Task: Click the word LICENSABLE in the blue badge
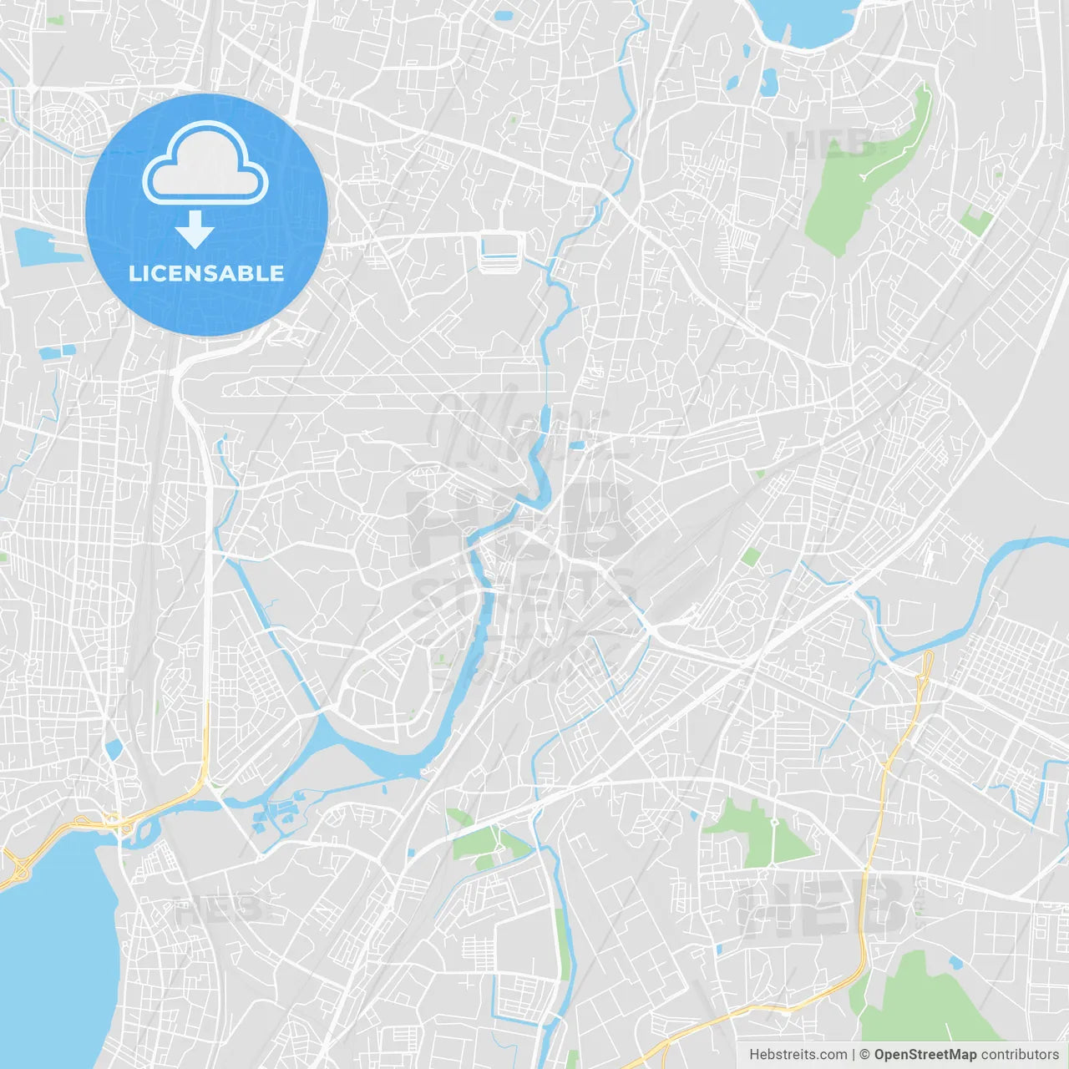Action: pyautogui.click(x=206, y=274)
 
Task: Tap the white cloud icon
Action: pyautogui.click(x=205, y=164)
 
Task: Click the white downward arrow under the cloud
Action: pyautogui.click(x=195, y=230)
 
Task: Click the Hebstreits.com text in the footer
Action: pyautogui.click(x=798, y=1055)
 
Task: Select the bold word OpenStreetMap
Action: pyautogui.click(x=925, y=1055)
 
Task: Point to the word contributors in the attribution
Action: pyautogui.click(x=1020, y=1055)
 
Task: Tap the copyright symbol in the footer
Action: pyautogui.click(x=864, y=1055)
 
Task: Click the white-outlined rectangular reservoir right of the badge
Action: pyautogui.click(x=500, y=249)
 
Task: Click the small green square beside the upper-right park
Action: pyautogui.click(x=975, y=222)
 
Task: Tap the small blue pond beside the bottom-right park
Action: pyautogui.click(x=955, y=963)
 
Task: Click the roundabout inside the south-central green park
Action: pyautogui.click(x=774, y=822)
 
